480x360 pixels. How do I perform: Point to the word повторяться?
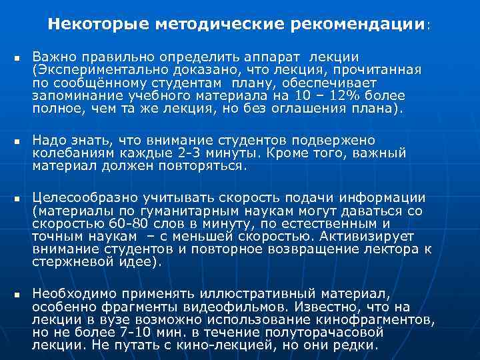(x=205, y=165)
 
